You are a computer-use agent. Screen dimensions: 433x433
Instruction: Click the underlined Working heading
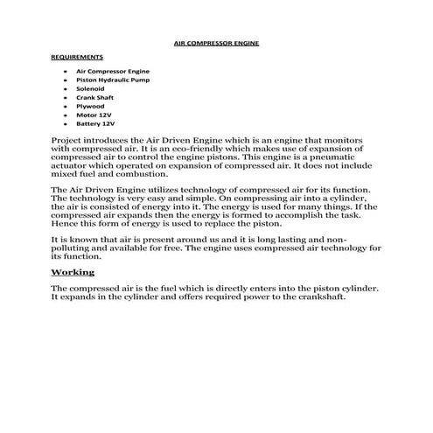[x=73, y=273]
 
